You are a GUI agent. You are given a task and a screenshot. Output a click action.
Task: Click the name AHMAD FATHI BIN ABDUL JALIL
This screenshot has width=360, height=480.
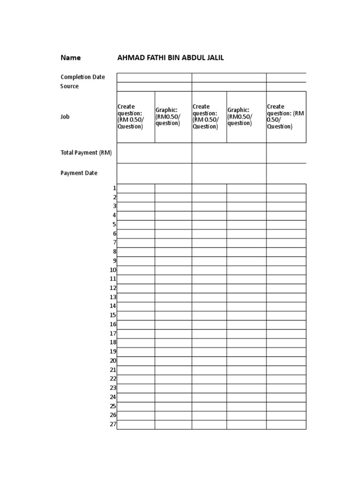(x=171, y=58)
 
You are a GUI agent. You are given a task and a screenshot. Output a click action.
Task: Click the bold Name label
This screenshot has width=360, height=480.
(x=70, y=58)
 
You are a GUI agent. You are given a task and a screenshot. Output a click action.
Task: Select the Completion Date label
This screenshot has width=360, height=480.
(x=82, y=77)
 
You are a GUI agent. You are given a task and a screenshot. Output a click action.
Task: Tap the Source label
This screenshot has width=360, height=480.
(x=69, y=86)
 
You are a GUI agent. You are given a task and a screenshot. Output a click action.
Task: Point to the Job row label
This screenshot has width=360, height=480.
(x=65, y=117)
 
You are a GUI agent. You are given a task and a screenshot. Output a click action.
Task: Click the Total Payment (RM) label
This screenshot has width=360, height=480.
(x=86, y=152)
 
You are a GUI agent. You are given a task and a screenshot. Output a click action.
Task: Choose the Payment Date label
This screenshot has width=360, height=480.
(x=79, y=173)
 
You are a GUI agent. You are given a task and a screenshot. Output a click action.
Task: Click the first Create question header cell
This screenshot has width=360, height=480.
(x=135, y=117)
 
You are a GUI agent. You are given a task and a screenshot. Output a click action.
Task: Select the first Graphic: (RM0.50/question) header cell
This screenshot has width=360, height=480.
(x=173, y=117)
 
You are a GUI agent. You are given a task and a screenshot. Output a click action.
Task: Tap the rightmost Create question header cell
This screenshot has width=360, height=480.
(x=286, y=117)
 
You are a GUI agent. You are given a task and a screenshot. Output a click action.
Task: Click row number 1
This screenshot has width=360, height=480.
(x=114, y=188)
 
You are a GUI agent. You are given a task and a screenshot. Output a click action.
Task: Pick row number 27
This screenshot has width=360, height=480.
(x=113, y=424)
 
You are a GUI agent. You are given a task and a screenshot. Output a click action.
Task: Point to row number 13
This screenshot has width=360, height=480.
(x=113, y=297)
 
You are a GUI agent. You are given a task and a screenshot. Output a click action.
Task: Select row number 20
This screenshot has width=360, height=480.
(x=113, y=360)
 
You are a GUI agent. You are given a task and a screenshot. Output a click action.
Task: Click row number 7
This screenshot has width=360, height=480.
(x=114, y=242)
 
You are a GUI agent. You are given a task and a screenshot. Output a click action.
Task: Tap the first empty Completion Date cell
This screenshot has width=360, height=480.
(x=154, y=77)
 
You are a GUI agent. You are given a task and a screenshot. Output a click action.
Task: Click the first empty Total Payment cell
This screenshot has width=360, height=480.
(x=154, y=153)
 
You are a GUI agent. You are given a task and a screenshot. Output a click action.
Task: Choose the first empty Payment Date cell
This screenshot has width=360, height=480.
(x=154, y=173)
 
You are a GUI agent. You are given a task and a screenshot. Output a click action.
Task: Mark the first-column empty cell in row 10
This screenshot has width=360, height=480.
(x=136, y=270)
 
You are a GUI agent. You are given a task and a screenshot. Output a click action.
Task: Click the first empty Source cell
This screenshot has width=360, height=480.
(x=154, y=87)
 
